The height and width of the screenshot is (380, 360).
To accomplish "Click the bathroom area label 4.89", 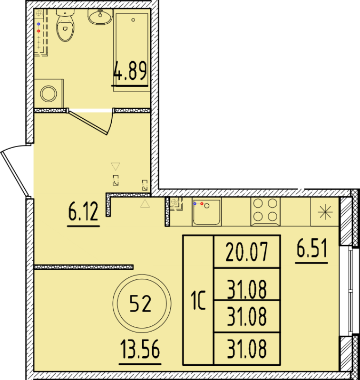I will pos(130,73).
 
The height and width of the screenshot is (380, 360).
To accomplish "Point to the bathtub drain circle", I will pos(133,20).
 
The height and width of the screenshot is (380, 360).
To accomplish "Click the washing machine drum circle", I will pos(49,94).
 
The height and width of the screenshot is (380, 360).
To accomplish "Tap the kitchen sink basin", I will pos(207,212).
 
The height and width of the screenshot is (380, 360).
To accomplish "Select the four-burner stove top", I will pos(265,210).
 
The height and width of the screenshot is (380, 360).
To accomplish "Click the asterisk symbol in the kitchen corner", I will pos(325,211).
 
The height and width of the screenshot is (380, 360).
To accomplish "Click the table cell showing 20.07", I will pos(247,252).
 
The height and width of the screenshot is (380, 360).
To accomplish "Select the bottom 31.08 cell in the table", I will pos(247,349).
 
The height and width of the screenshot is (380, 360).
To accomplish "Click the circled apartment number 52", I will pos(141,303).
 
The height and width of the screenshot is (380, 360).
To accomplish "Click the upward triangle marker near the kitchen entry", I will pos(145,204).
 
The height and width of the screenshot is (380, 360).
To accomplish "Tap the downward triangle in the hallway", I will pos(115,166).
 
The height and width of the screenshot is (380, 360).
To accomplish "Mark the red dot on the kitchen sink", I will pos(202,204).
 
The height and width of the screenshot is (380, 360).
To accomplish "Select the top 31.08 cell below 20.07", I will pos(247,288).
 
